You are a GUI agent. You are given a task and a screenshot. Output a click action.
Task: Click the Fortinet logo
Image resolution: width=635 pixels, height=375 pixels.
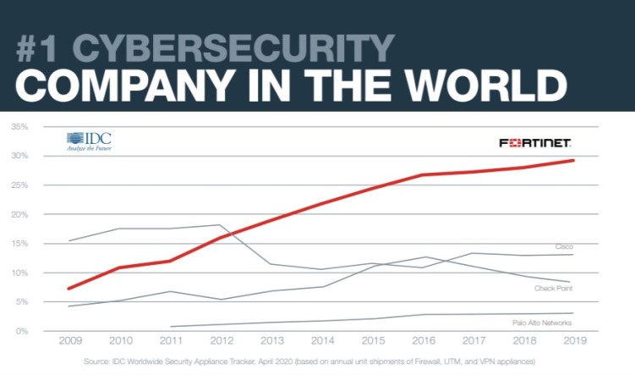[534, 143]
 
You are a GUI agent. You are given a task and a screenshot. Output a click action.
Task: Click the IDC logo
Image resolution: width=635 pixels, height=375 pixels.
[89, 141]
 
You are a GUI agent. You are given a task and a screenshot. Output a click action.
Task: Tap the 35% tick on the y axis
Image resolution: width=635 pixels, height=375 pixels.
[19, 127]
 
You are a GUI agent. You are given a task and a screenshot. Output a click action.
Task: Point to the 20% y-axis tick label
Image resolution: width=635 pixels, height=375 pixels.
[19, 214]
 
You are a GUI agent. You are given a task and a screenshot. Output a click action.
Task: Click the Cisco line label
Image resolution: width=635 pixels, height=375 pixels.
[564, 246]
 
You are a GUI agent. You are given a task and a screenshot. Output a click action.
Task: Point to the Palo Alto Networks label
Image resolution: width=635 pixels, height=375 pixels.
[542, 323]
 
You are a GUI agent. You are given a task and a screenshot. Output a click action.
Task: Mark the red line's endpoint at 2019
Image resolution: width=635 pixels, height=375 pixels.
[574, 160]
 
